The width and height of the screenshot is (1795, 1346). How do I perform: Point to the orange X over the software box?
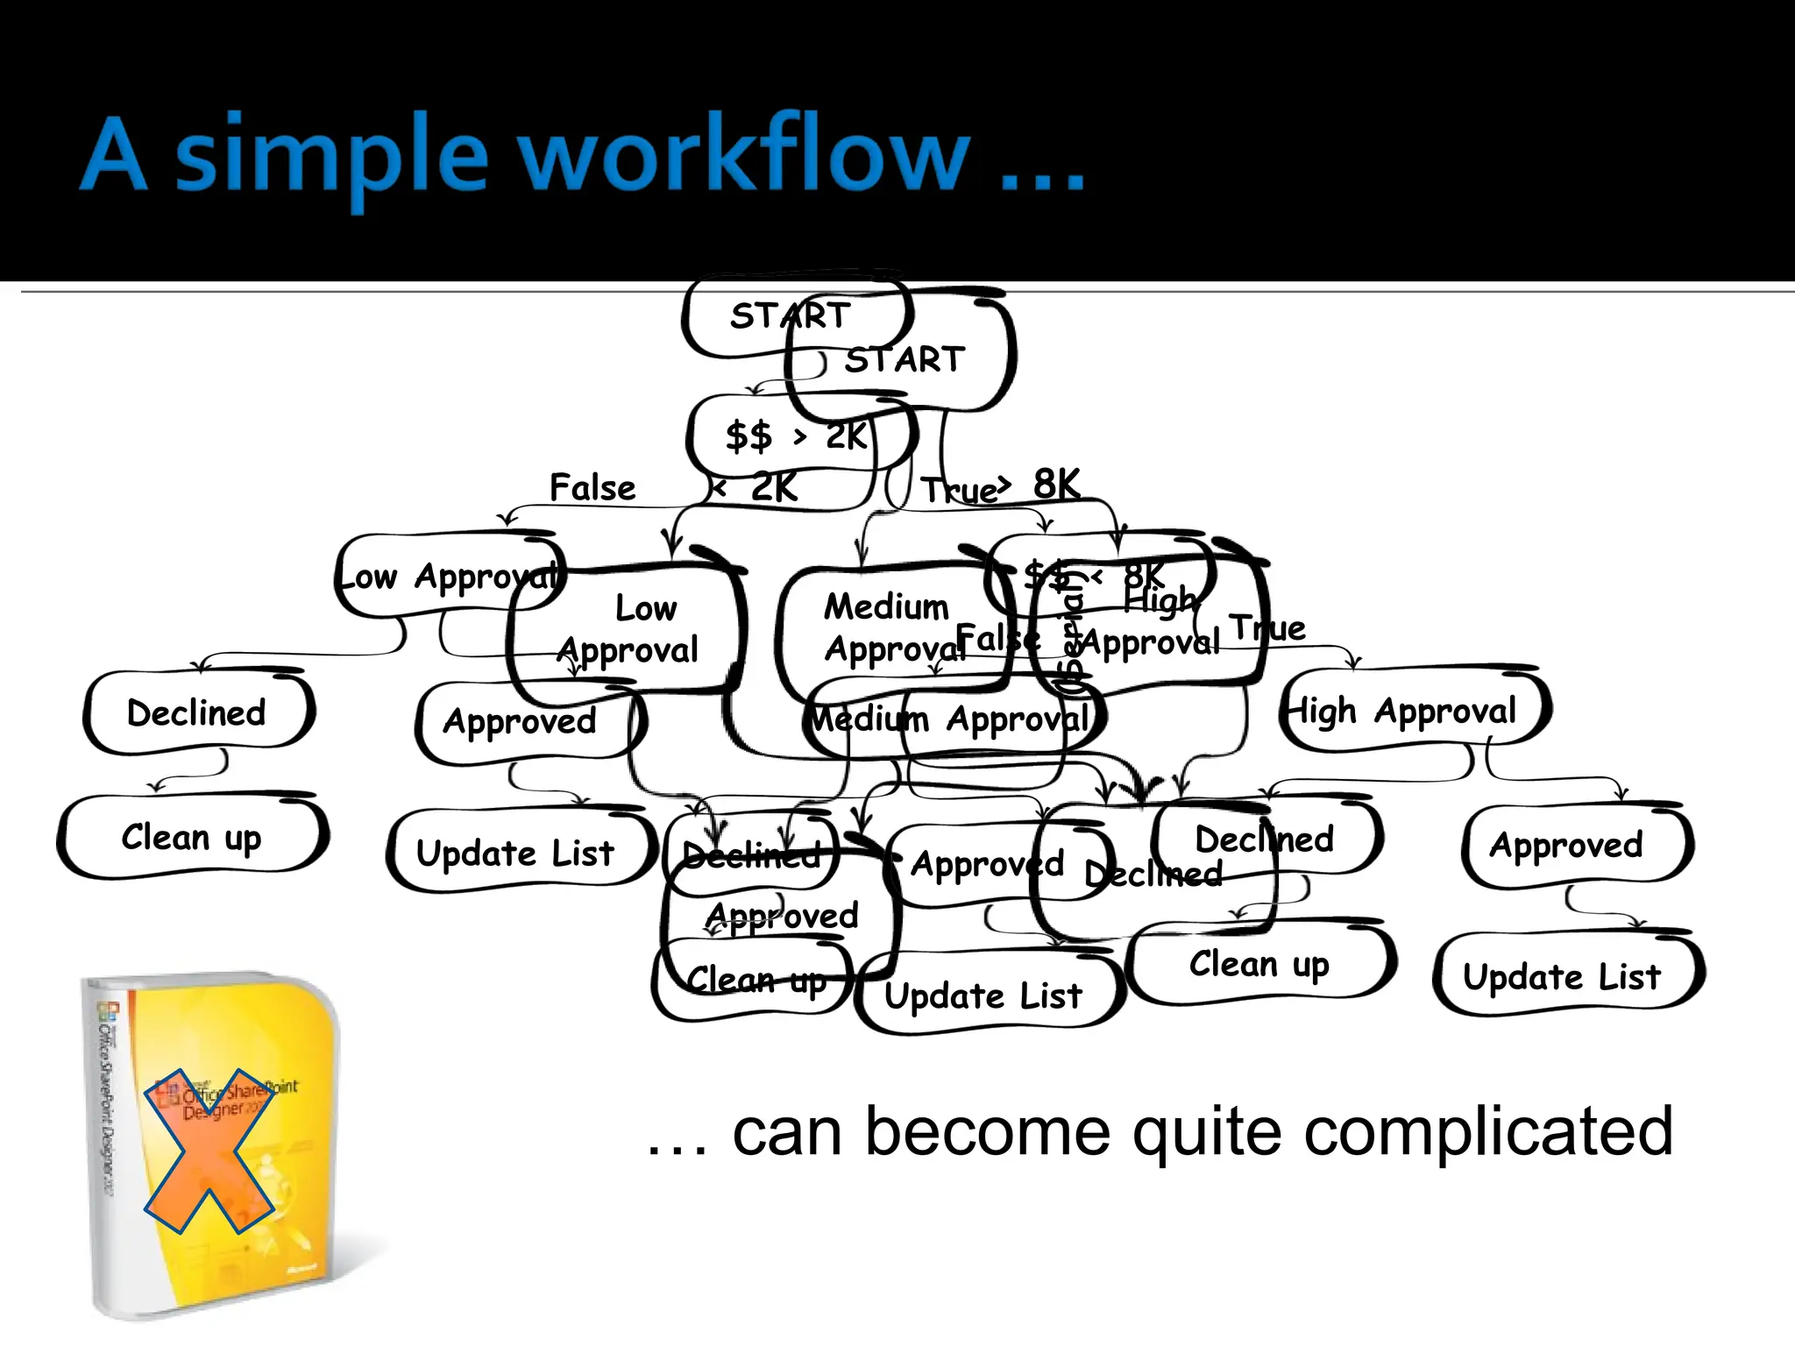(x=209, y=1150)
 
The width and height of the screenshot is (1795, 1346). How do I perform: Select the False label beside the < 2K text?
(x=592, y=487)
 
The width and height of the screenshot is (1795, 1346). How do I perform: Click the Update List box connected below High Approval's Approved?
(x=1562, y=976)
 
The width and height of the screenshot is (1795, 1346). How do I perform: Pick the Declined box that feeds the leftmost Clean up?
(x=196, y=712)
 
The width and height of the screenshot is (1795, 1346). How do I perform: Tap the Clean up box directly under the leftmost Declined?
(x=191, y=837)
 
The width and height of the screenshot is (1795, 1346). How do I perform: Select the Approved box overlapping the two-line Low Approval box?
(x=520, y=721)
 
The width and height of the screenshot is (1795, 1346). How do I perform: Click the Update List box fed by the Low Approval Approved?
(x=515, y=853)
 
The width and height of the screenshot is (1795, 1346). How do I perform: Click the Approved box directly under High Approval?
(x=1566, y=845)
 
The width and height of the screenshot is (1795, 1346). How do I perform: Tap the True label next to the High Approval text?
(x=1267, y=627)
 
